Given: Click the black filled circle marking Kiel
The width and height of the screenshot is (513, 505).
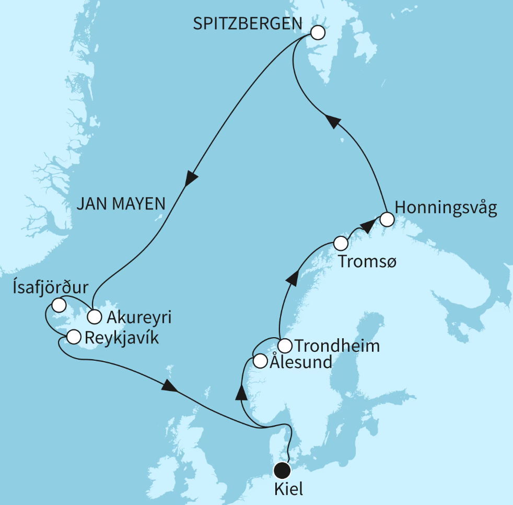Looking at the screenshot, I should tap(283, 470).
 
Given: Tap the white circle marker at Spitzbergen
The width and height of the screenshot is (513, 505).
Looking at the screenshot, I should tap(318, 33).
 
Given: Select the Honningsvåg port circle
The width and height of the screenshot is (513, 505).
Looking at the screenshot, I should tap(386, 219).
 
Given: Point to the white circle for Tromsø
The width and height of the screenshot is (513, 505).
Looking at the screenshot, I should tap(341, 244).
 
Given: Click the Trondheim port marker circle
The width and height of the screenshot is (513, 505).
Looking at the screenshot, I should tap(284, 346).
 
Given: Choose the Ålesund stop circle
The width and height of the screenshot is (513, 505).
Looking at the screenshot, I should tap(260, 361).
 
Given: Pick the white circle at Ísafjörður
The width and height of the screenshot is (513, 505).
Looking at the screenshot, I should tap(59, 305).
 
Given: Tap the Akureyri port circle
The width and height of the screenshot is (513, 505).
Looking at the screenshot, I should tap(94, 316).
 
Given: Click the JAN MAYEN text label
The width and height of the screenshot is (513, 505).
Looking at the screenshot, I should tap(121, 204).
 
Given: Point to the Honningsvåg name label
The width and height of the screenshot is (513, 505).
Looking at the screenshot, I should tap(446, 208).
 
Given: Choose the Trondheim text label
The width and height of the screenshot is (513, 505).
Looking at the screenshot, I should tap(337, 346).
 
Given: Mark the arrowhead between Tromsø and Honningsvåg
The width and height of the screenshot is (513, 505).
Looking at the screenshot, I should tap(368, 226).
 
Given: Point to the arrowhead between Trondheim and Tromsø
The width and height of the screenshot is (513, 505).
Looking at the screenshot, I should tap(293, 278).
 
